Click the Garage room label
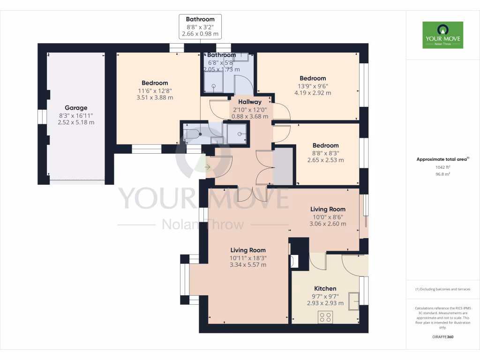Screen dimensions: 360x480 pyautogui.click(x=76, y=108)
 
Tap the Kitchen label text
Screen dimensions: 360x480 pyautogui.click(x=325, y=288)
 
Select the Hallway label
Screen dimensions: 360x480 pyautogui.click(x=249, y=102)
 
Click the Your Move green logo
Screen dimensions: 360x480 pyautogui.click(x=442, y=35)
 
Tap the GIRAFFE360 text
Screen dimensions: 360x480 pyautogui.click(x=442, y=337)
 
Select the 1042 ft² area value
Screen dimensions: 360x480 pyautogui.click(x=442, y=167)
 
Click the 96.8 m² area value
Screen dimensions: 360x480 pyautogui.click(x=442, y=174)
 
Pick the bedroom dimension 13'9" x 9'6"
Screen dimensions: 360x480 pyautogui.click(x=313, y=86)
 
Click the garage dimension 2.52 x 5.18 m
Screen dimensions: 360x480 pyautogui.click(x=76, y=122)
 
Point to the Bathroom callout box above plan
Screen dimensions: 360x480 pyautogui.click(x=200, y=27)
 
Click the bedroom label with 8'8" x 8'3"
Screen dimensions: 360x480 pyautogui.click(x=325, y=145)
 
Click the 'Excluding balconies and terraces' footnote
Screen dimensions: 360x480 pyautogui.click(x=442, y=289)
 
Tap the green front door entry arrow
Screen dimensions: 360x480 pyautogui.click(x=208, y=166)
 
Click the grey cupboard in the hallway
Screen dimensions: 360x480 pyautogui.click(x=283, y=166)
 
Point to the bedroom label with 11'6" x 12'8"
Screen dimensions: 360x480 pyautogui.click(x=155, y=83)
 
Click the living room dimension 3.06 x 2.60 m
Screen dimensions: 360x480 pyautogui.click(x=328, y=224)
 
